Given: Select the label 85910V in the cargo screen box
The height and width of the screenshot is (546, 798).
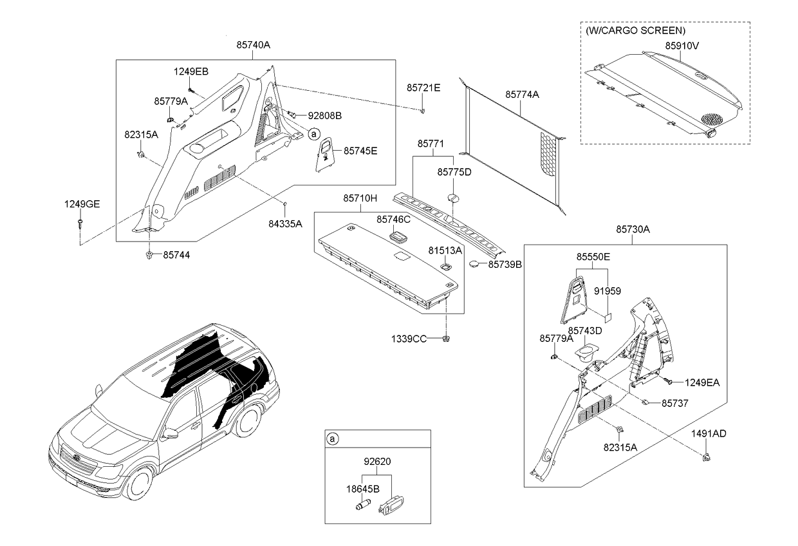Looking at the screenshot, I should (x=682, y=46).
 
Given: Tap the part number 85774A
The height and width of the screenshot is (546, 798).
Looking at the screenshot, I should (x=522, y=94).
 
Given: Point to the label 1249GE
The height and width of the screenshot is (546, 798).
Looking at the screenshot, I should (x=82, y=204).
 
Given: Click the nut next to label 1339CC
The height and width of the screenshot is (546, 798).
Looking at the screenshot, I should (x=446, y=338).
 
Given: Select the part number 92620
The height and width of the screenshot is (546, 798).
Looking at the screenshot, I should (x=377, y=461).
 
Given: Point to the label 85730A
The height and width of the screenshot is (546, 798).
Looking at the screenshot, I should (x=633, y=229).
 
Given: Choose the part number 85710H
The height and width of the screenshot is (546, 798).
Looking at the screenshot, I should (x=360, y=199).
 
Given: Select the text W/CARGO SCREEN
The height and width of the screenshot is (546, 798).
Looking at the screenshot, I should (x=635, y=30).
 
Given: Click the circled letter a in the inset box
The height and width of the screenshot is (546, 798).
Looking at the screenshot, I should (x=333, y=439).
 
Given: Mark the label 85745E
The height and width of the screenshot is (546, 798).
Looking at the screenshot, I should (x=360, y=151).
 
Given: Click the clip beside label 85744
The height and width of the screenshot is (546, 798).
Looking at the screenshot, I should (x=149, y=256).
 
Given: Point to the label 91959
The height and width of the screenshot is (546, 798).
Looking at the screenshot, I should (x=607, y=291).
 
